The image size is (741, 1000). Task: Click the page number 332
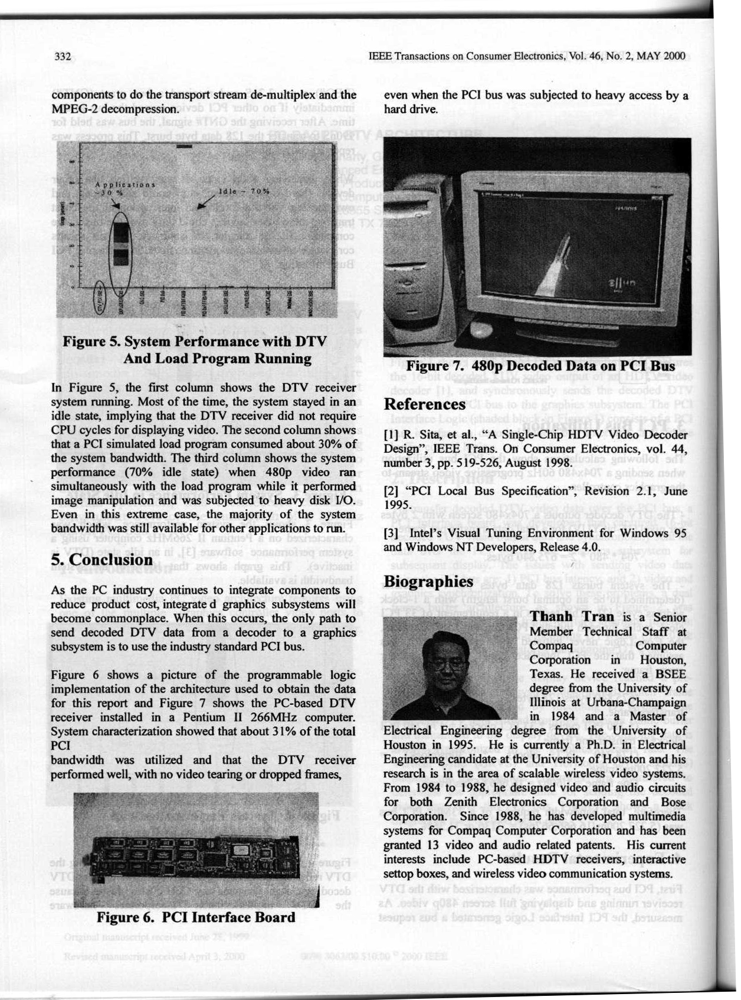click(x=63, y=57)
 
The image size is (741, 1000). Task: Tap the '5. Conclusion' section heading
click(x=102, y=559)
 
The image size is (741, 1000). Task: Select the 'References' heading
click(x=424, y=404)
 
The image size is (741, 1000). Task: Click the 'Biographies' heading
click(x=428, y=581)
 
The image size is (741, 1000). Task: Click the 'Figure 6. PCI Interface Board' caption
click(x=195, y=917)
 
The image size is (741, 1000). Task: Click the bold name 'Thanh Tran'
click(x=572, y=617)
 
